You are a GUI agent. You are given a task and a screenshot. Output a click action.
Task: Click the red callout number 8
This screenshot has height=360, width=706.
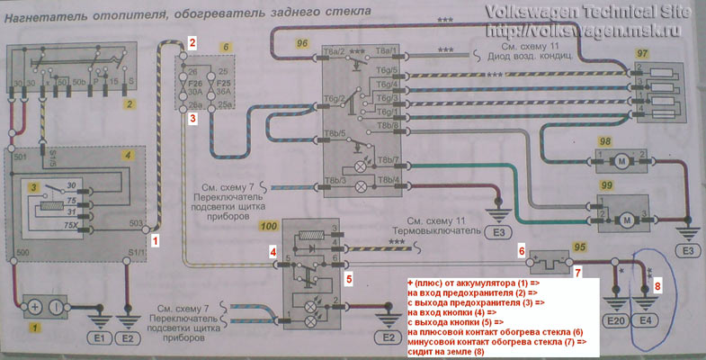pos(657,286)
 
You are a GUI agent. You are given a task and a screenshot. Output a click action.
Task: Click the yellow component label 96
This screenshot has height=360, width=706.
pos(302,41)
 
